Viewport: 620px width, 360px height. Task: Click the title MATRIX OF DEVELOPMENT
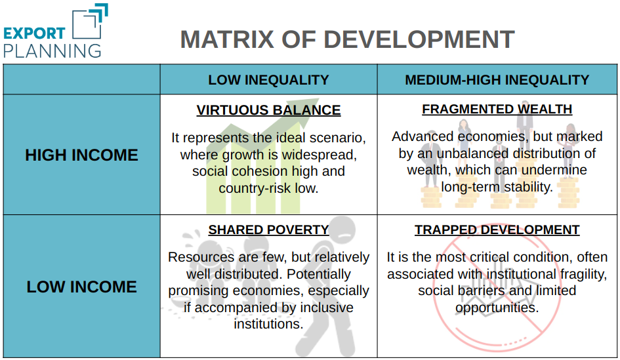(x=347, y=39)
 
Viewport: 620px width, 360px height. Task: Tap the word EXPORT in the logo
(x=34, y=33)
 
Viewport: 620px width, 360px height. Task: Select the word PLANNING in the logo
(x=52, y=51)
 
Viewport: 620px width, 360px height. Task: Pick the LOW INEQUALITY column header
(x=268, y=80)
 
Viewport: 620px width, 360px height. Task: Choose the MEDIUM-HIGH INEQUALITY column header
(x=497, y=80)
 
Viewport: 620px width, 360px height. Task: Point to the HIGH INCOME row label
(x=81, y=155)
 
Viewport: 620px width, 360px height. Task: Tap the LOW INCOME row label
(x=81, y=287)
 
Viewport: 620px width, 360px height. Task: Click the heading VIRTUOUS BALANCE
(x=268, y=110)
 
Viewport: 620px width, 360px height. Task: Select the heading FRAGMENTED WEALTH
(x=497, y=109)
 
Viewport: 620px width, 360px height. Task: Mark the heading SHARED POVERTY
(x=268, y=230)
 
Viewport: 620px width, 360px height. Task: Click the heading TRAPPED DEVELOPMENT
(x=497, y=230)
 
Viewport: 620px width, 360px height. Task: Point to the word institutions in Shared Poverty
(x=268, y=324)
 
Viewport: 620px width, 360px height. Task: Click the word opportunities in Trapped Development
(x=497, y=308)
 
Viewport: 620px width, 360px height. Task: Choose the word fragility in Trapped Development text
(x=584, y=274)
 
